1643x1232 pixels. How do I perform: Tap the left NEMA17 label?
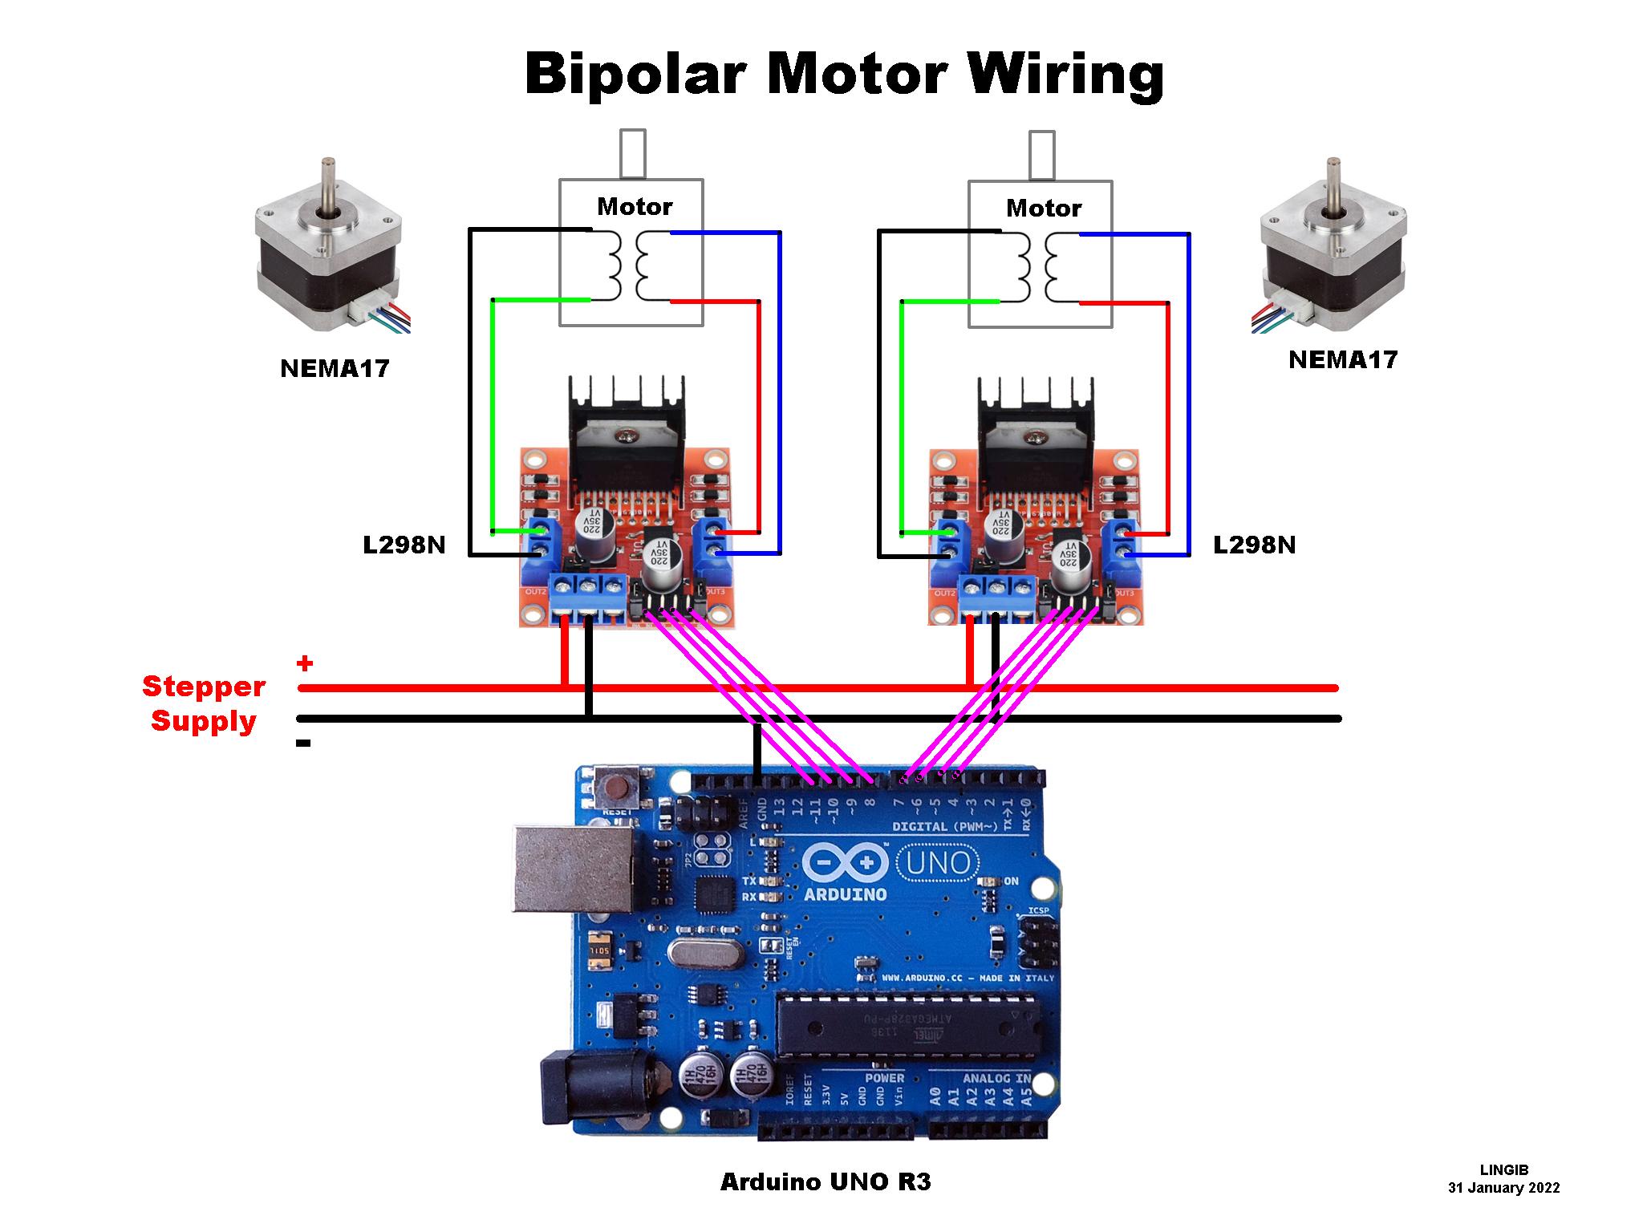tap(335, 368)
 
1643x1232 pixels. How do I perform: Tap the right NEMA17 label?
tap(1343, 359)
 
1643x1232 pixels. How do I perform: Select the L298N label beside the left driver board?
tap(404, 545)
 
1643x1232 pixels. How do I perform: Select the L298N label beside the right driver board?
tap(1254, 545)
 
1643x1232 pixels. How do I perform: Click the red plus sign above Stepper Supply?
tap(305, 663)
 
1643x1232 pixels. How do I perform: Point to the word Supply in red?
tap(204, 720)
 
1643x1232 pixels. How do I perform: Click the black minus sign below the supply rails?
tap(303, 744)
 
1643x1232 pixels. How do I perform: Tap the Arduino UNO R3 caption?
tap(826, 1181)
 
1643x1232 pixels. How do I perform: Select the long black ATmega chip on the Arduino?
tap(907, 1027)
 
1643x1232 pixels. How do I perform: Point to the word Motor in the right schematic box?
tap(1043, 209)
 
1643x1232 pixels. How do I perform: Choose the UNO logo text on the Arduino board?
tap(938, 864)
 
